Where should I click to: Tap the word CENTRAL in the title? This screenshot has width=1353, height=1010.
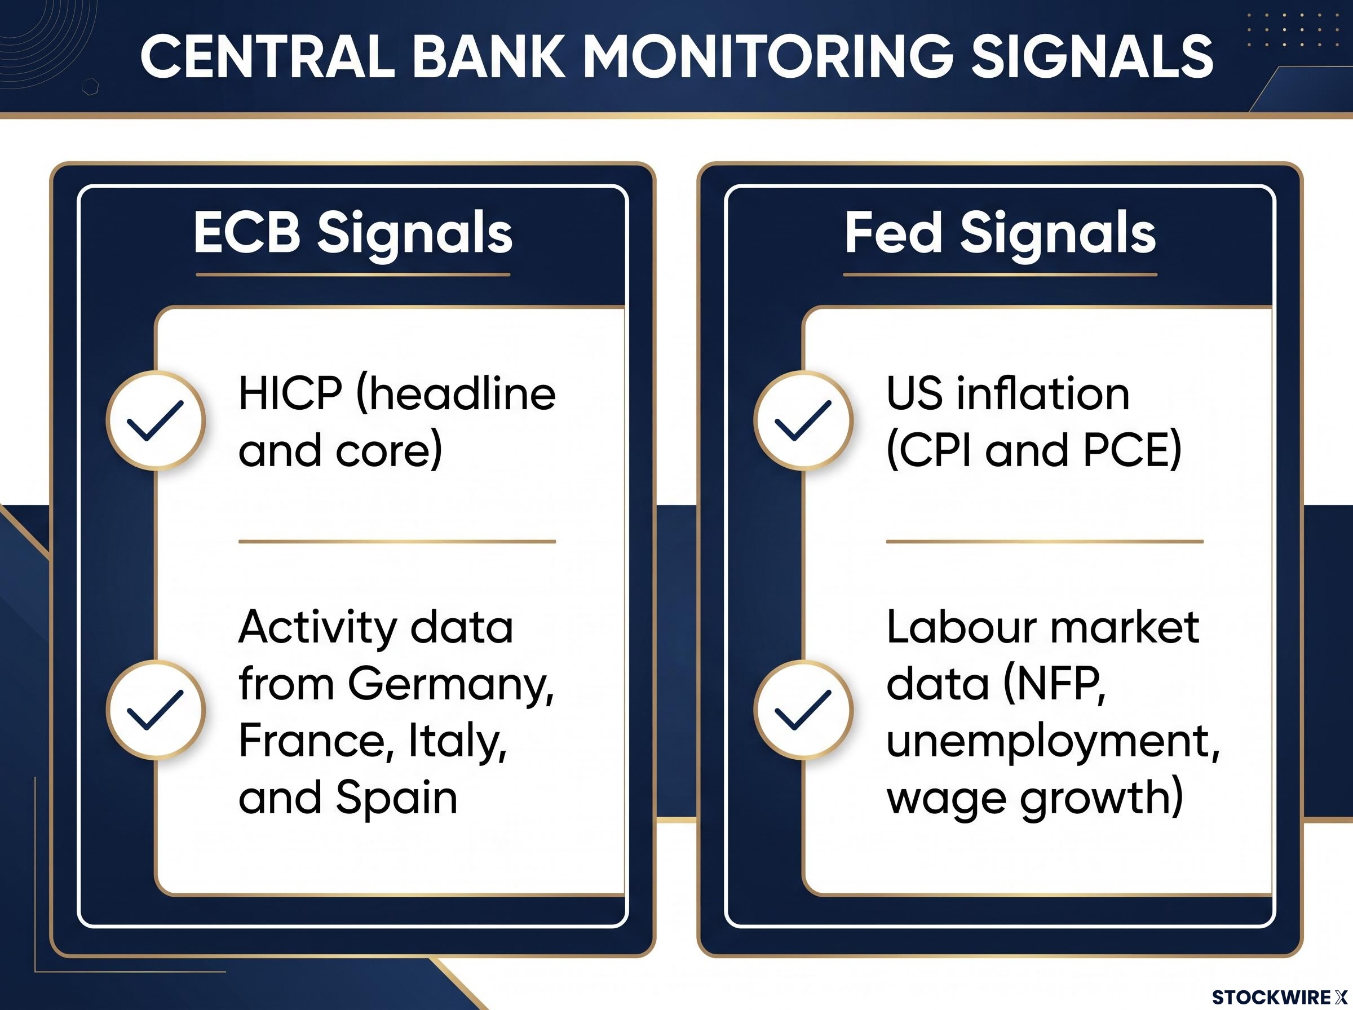click(x=268, y=56)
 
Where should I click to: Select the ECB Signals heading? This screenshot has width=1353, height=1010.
click(x=353, y=233)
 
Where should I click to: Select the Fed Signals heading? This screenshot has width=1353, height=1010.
click(x=1000, y=233)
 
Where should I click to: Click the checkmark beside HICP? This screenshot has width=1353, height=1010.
click(x=155, y=420)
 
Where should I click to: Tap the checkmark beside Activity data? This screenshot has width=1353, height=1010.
click(x=155, y=710)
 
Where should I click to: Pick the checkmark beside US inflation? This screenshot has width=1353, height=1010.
click(x=803, y=420)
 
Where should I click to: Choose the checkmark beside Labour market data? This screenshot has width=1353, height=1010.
click(x=803, y=710)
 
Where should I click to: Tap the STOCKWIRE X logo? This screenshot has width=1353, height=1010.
click(x=1279, y=997)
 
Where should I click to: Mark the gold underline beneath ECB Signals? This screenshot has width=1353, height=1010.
click(x=353, y=275)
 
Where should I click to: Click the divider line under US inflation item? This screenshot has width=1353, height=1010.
click(x=1045, y=542)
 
